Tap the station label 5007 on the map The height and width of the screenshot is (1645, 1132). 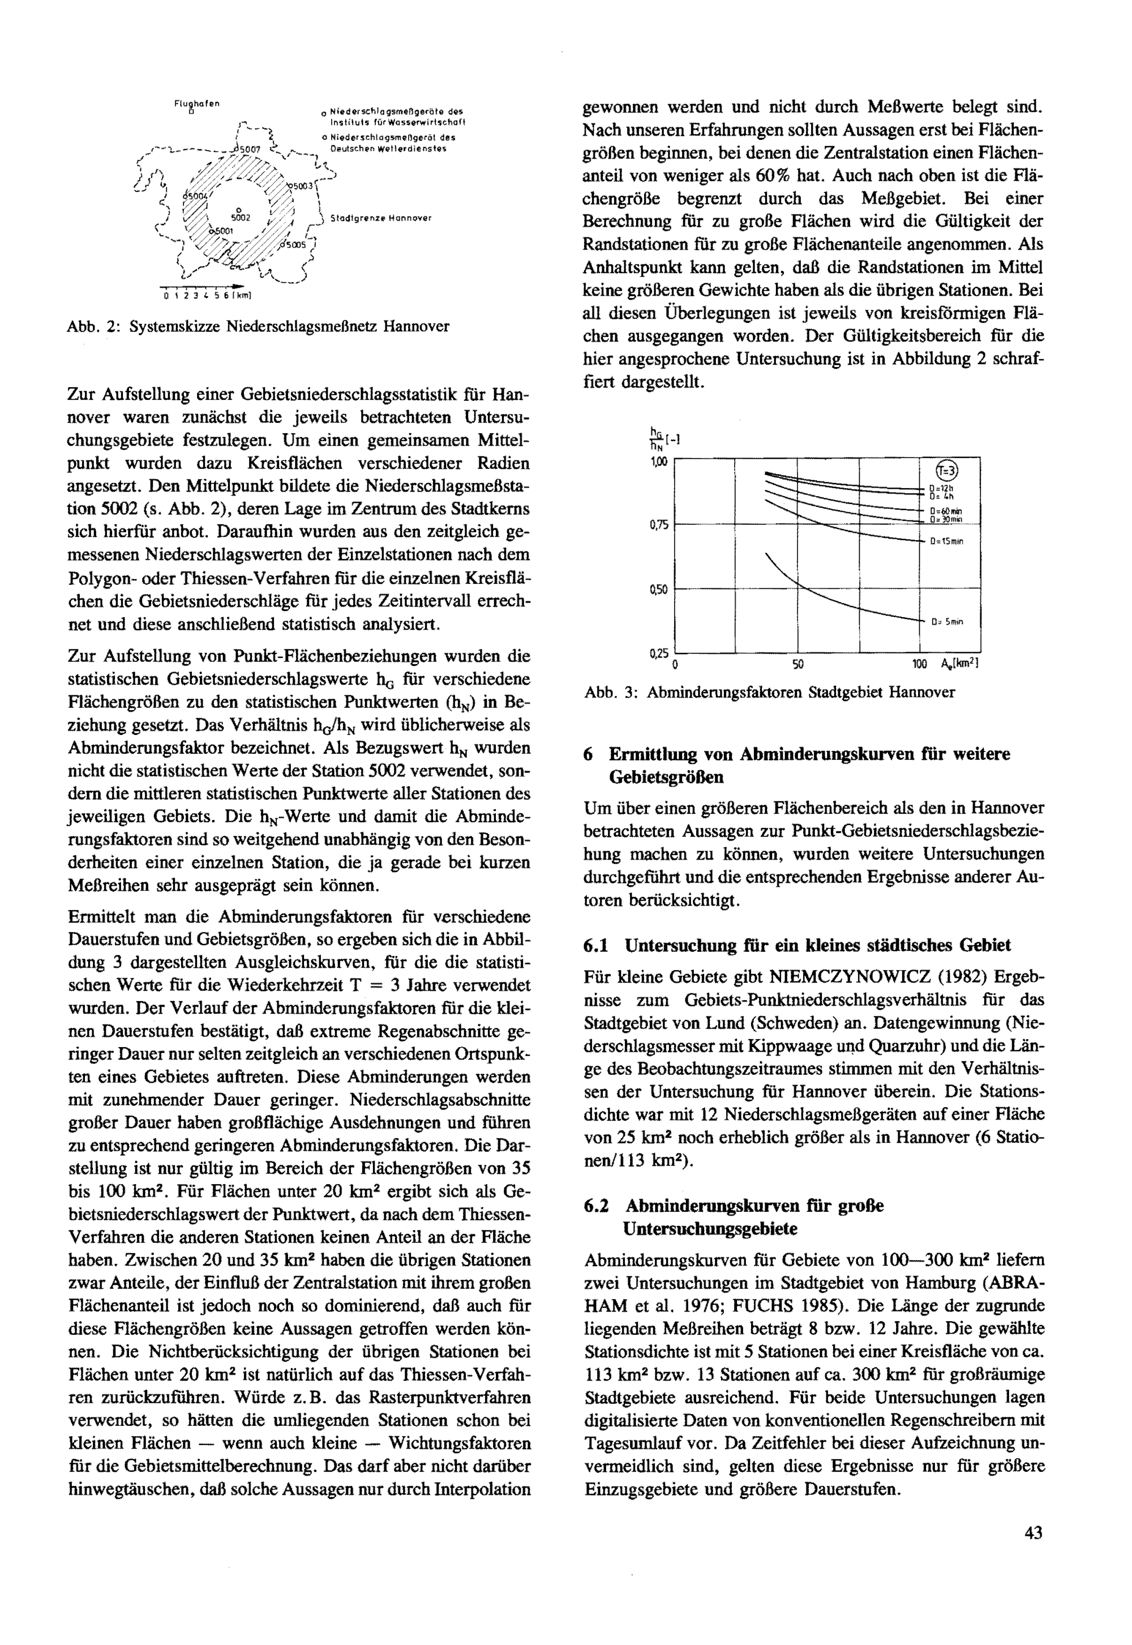coord(251,149)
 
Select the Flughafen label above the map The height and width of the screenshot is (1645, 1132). coord(196,104)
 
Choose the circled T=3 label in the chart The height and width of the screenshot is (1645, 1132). coord(947,471)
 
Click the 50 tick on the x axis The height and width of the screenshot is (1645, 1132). coord(798,665)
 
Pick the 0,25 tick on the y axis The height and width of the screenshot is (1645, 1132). coord(659,653)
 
